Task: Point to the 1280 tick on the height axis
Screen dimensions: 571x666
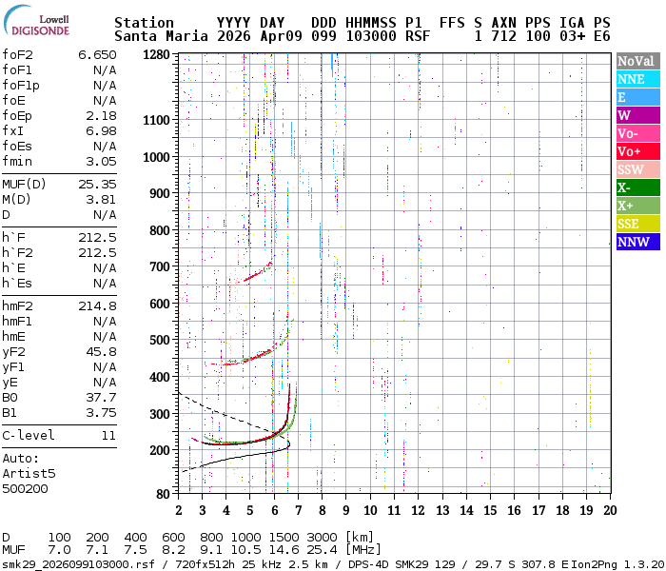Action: (156, 55)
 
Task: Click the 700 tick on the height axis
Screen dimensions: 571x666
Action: (160, 267)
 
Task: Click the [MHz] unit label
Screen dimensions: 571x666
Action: (368, 550)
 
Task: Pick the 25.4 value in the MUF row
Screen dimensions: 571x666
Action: (323, 550)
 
